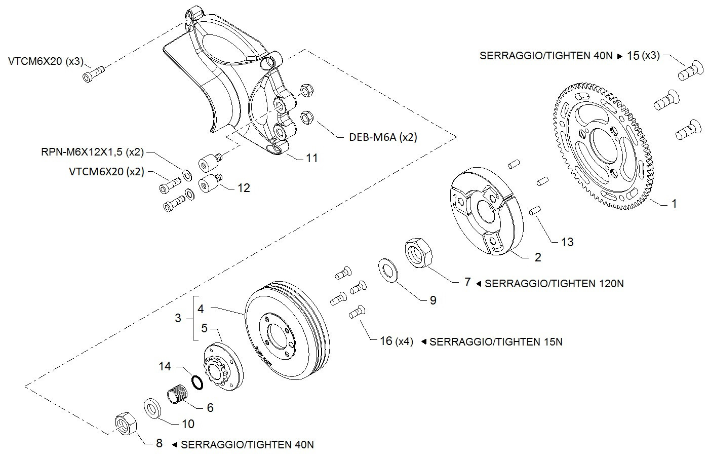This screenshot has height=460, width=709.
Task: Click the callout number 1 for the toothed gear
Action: (x=674, y=204)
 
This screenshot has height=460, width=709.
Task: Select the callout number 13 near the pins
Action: (x=567, y=242)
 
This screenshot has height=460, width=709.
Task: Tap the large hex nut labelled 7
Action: (x=418, y=253)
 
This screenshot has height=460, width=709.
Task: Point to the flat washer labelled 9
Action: (x=388, y=271)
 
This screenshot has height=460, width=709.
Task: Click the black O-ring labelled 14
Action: (x=198, y=382)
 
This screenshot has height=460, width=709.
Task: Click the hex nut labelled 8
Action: (x=126, y=424)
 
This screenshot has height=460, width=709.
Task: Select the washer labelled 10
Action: (x=152, y=409)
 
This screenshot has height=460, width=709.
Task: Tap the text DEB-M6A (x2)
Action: (x=383, y=137)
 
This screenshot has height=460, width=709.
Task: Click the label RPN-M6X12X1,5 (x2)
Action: (x=92, y=152)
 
